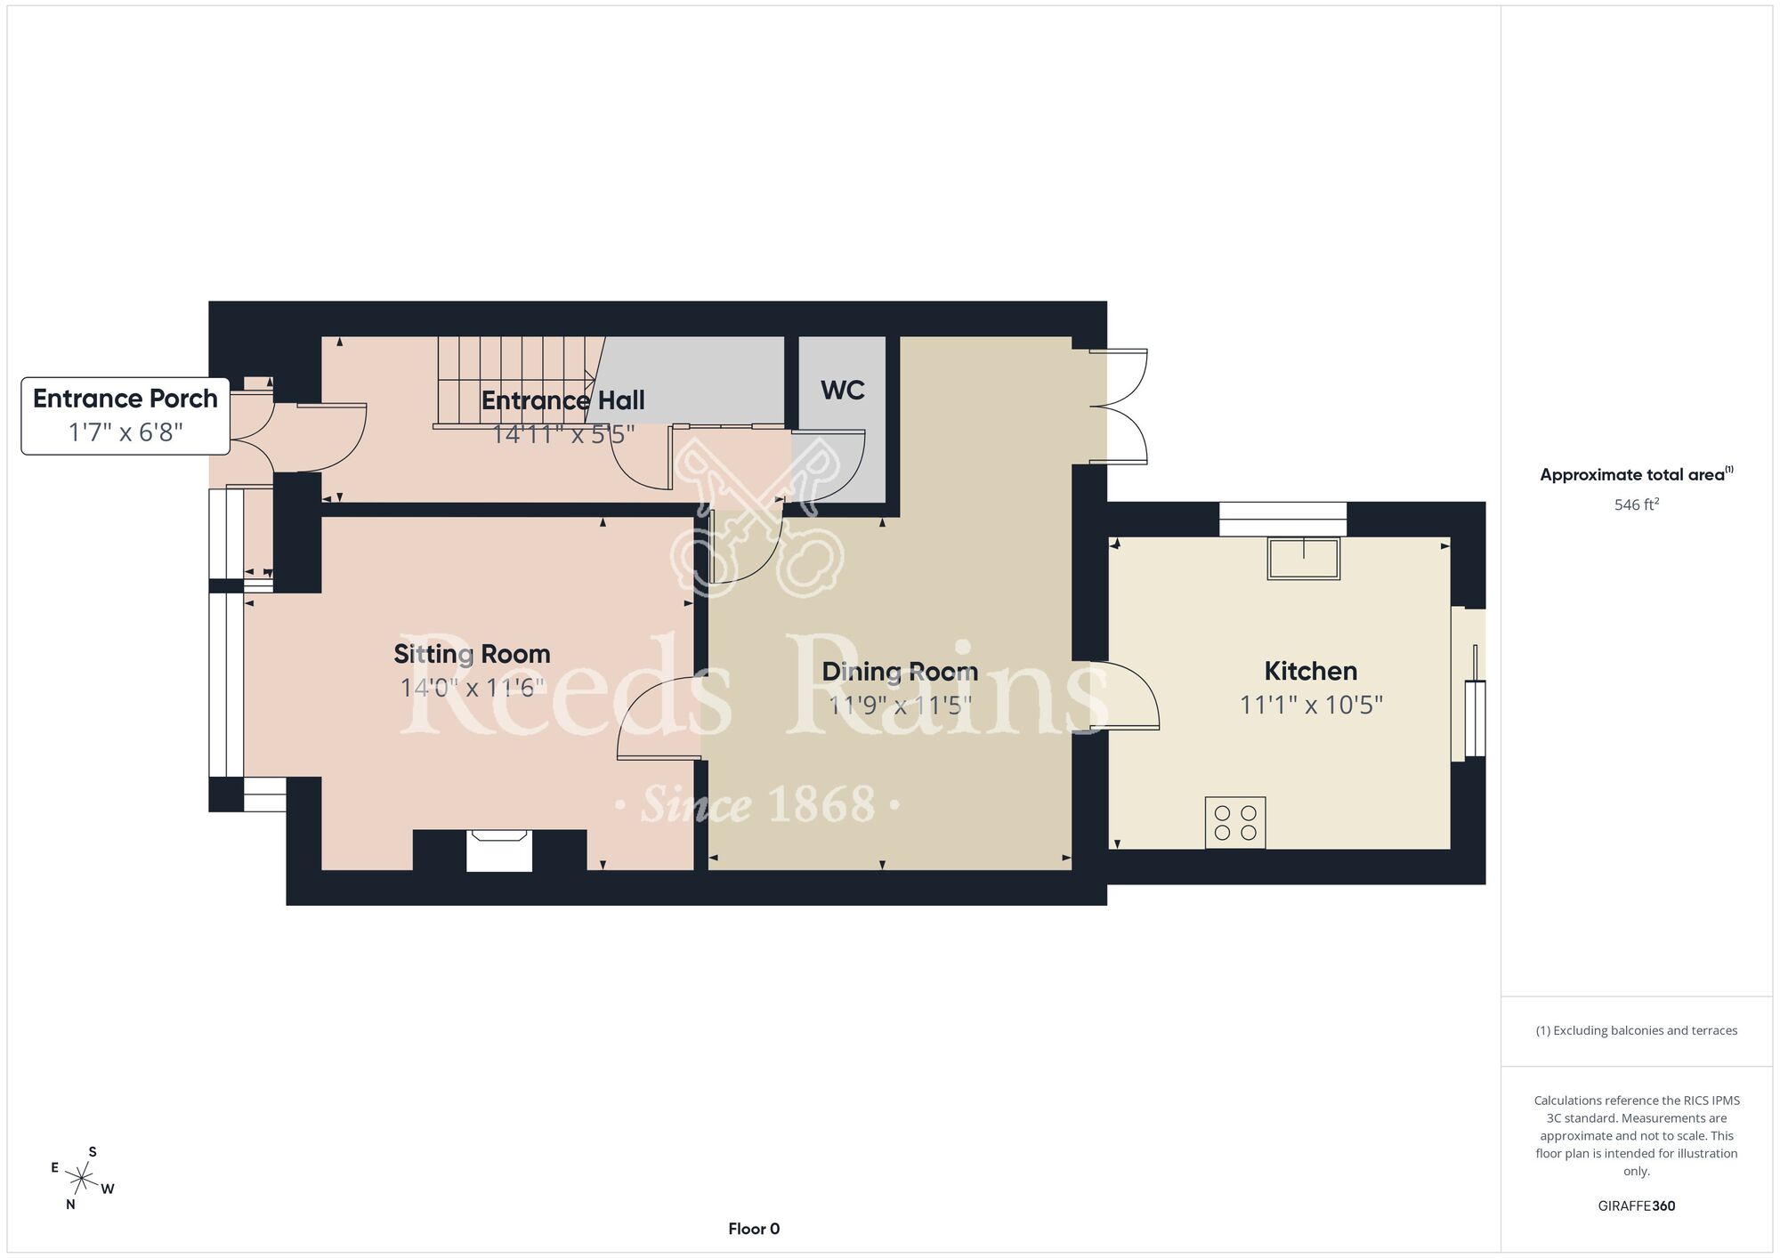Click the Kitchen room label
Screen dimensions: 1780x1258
1310,671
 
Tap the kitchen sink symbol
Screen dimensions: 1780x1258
1304,559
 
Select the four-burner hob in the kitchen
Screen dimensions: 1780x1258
1235,823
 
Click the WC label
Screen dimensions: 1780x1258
842,390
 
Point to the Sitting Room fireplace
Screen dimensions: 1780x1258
499,850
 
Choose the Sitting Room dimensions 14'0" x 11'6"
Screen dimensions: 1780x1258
472,688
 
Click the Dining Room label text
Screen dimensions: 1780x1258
900,671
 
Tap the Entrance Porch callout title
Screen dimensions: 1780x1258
125,398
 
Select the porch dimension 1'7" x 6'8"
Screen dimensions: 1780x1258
125,432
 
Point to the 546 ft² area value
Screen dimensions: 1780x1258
1637,504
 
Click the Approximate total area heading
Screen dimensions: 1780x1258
1637,474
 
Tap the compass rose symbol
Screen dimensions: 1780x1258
82,1180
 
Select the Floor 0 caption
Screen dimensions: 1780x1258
754,1229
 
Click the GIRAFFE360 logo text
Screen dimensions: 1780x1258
1637,1206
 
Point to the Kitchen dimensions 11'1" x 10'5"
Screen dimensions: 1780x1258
1311,705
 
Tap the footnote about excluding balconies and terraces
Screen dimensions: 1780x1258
1637,1030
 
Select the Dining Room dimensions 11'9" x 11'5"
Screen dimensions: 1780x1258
900,705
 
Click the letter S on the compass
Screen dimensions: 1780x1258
93,1152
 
